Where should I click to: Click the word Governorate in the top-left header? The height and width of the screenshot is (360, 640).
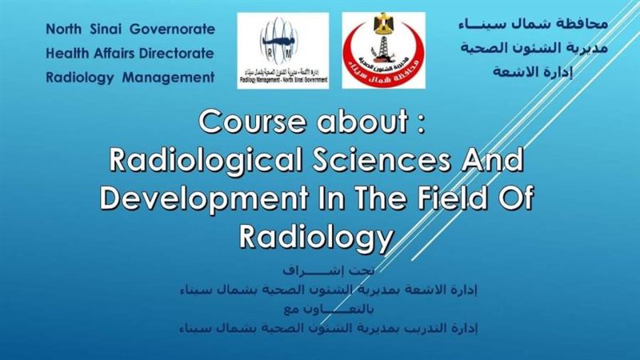pyautogui.click(x=174, y=30)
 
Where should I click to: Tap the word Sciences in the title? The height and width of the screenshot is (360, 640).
pyautogui.click(x=398, y=160)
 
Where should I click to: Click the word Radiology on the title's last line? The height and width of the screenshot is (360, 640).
pyautogui.click(x=318, y=235)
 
